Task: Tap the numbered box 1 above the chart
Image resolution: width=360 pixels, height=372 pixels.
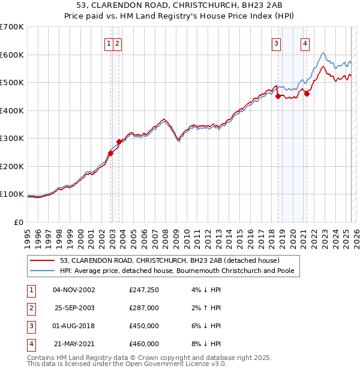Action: (x=109, y=43)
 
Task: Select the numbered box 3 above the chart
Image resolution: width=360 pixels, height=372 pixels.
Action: (x=276, y=43)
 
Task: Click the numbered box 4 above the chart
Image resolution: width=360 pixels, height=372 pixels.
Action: (x=305, y=43)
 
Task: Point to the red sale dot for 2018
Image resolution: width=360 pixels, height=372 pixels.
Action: (x=278, y=97)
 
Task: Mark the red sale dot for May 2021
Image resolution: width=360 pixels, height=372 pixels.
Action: (x=307, y=93)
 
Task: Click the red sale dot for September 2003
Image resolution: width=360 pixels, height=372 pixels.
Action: (x=119, y=142)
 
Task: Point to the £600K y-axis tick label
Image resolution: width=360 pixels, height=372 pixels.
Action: (x=12, y=55)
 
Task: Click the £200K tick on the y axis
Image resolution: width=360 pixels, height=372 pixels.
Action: (x=12, y=166)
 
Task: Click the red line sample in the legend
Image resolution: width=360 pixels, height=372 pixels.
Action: (x=43, y=260)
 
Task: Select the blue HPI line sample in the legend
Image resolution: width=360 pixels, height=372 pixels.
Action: (x=43, y=271)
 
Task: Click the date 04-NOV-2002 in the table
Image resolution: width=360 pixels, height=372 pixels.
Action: (x=74, y=290)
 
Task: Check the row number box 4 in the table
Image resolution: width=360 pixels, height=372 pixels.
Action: (x=29, y=344)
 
